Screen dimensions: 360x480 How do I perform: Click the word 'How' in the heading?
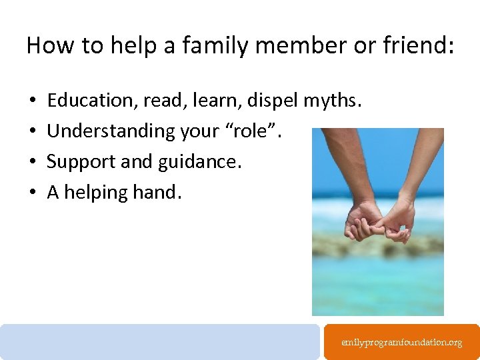[x=49, y=45]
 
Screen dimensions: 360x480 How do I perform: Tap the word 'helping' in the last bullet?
[x=97, y=193]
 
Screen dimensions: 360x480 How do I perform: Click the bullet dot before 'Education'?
[x=33, y=101]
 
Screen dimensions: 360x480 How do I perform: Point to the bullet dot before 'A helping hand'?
[x=33, y=193]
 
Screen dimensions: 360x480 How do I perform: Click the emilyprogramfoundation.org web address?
[x=401, y=343]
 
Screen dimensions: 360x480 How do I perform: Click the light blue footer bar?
[x=160, y=341]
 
